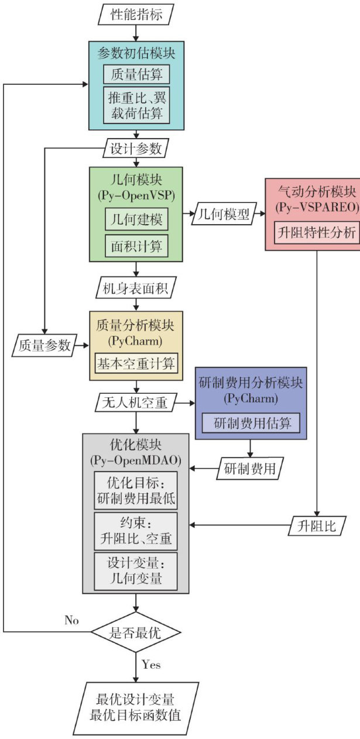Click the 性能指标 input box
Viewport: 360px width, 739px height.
tap(135, 12)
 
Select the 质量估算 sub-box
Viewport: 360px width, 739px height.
tap(136, 73)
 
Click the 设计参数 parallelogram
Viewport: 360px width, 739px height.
tap(136, 148)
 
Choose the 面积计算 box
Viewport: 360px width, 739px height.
tap(136, 245)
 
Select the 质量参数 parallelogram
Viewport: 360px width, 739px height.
tap(41, 346)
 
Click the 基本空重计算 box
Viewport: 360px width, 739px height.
tap(136, 363)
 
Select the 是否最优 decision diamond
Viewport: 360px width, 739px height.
tap(136, 632)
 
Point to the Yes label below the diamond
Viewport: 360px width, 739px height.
tap(151, 665)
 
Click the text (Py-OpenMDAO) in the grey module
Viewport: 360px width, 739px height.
tap(136, 460)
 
